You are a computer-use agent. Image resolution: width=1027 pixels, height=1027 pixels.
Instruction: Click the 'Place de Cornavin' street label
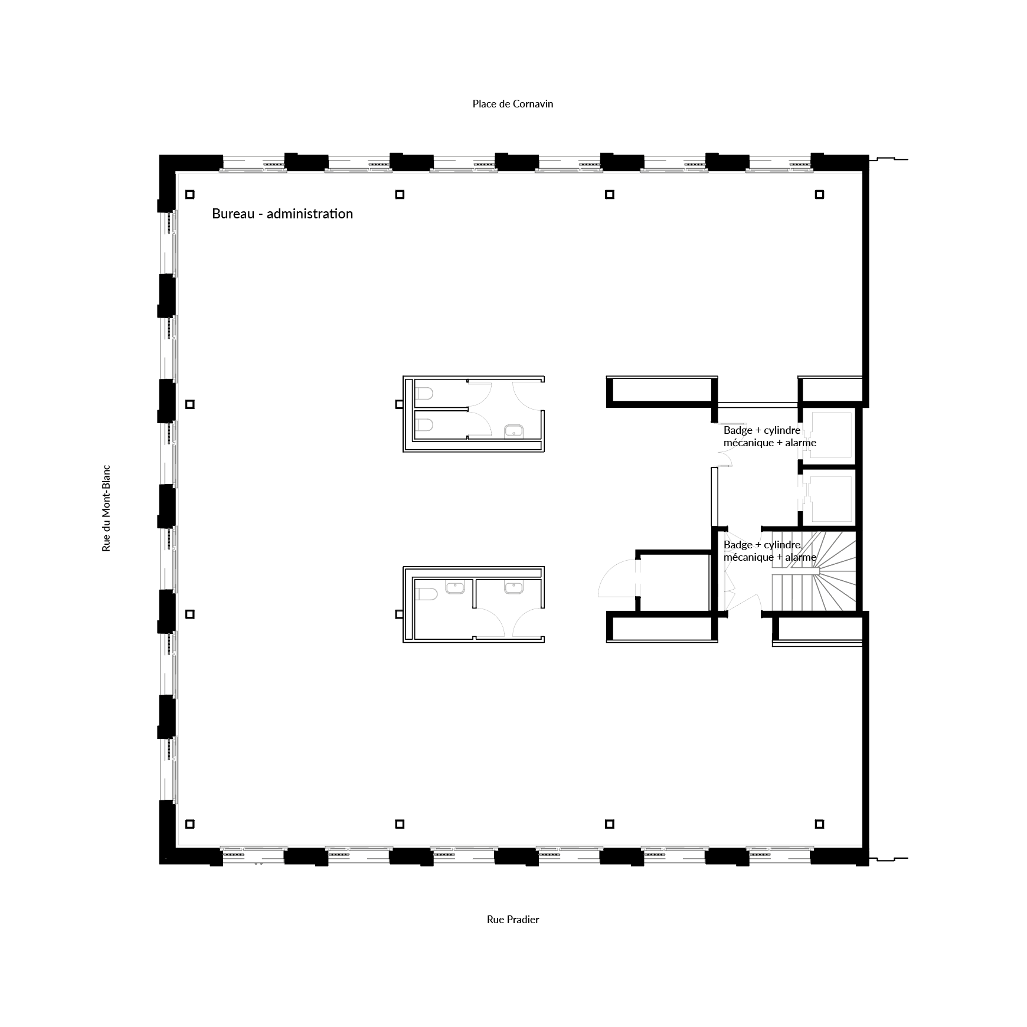[512, 104]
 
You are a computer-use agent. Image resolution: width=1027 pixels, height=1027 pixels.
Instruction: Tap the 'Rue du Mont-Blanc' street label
[106, 508]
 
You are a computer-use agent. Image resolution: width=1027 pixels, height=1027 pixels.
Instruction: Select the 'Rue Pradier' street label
[513, 919]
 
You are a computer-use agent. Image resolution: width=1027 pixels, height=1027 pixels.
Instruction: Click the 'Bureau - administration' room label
[282, 214]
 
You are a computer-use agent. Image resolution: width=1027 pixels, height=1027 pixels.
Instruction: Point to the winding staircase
[815, 571]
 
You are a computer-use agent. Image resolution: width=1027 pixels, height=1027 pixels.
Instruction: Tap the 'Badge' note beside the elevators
[770, 437]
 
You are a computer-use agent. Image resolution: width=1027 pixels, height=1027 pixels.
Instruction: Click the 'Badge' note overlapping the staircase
[770, 551]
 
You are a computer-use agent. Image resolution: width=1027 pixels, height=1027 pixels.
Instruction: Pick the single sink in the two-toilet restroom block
[514, 431]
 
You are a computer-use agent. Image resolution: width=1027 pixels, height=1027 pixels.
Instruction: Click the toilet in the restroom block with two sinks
[426, 593]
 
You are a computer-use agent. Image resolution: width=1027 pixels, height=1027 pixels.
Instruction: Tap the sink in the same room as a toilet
[455, 588]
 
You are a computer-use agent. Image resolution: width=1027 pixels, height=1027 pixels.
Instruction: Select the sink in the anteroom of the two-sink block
[514, 588]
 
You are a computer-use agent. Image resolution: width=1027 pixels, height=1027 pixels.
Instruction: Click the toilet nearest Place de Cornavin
[424, 393]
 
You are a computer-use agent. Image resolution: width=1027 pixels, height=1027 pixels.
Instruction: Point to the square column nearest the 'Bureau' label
[189, 194]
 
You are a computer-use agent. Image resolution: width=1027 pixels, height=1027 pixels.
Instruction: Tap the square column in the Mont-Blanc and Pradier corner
[189, 824]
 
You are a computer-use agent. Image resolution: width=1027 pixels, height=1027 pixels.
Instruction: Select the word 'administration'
[310, 214]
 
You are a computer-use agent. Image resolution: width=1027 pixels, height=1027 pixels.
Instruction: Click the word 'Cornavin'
[532, 104]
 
